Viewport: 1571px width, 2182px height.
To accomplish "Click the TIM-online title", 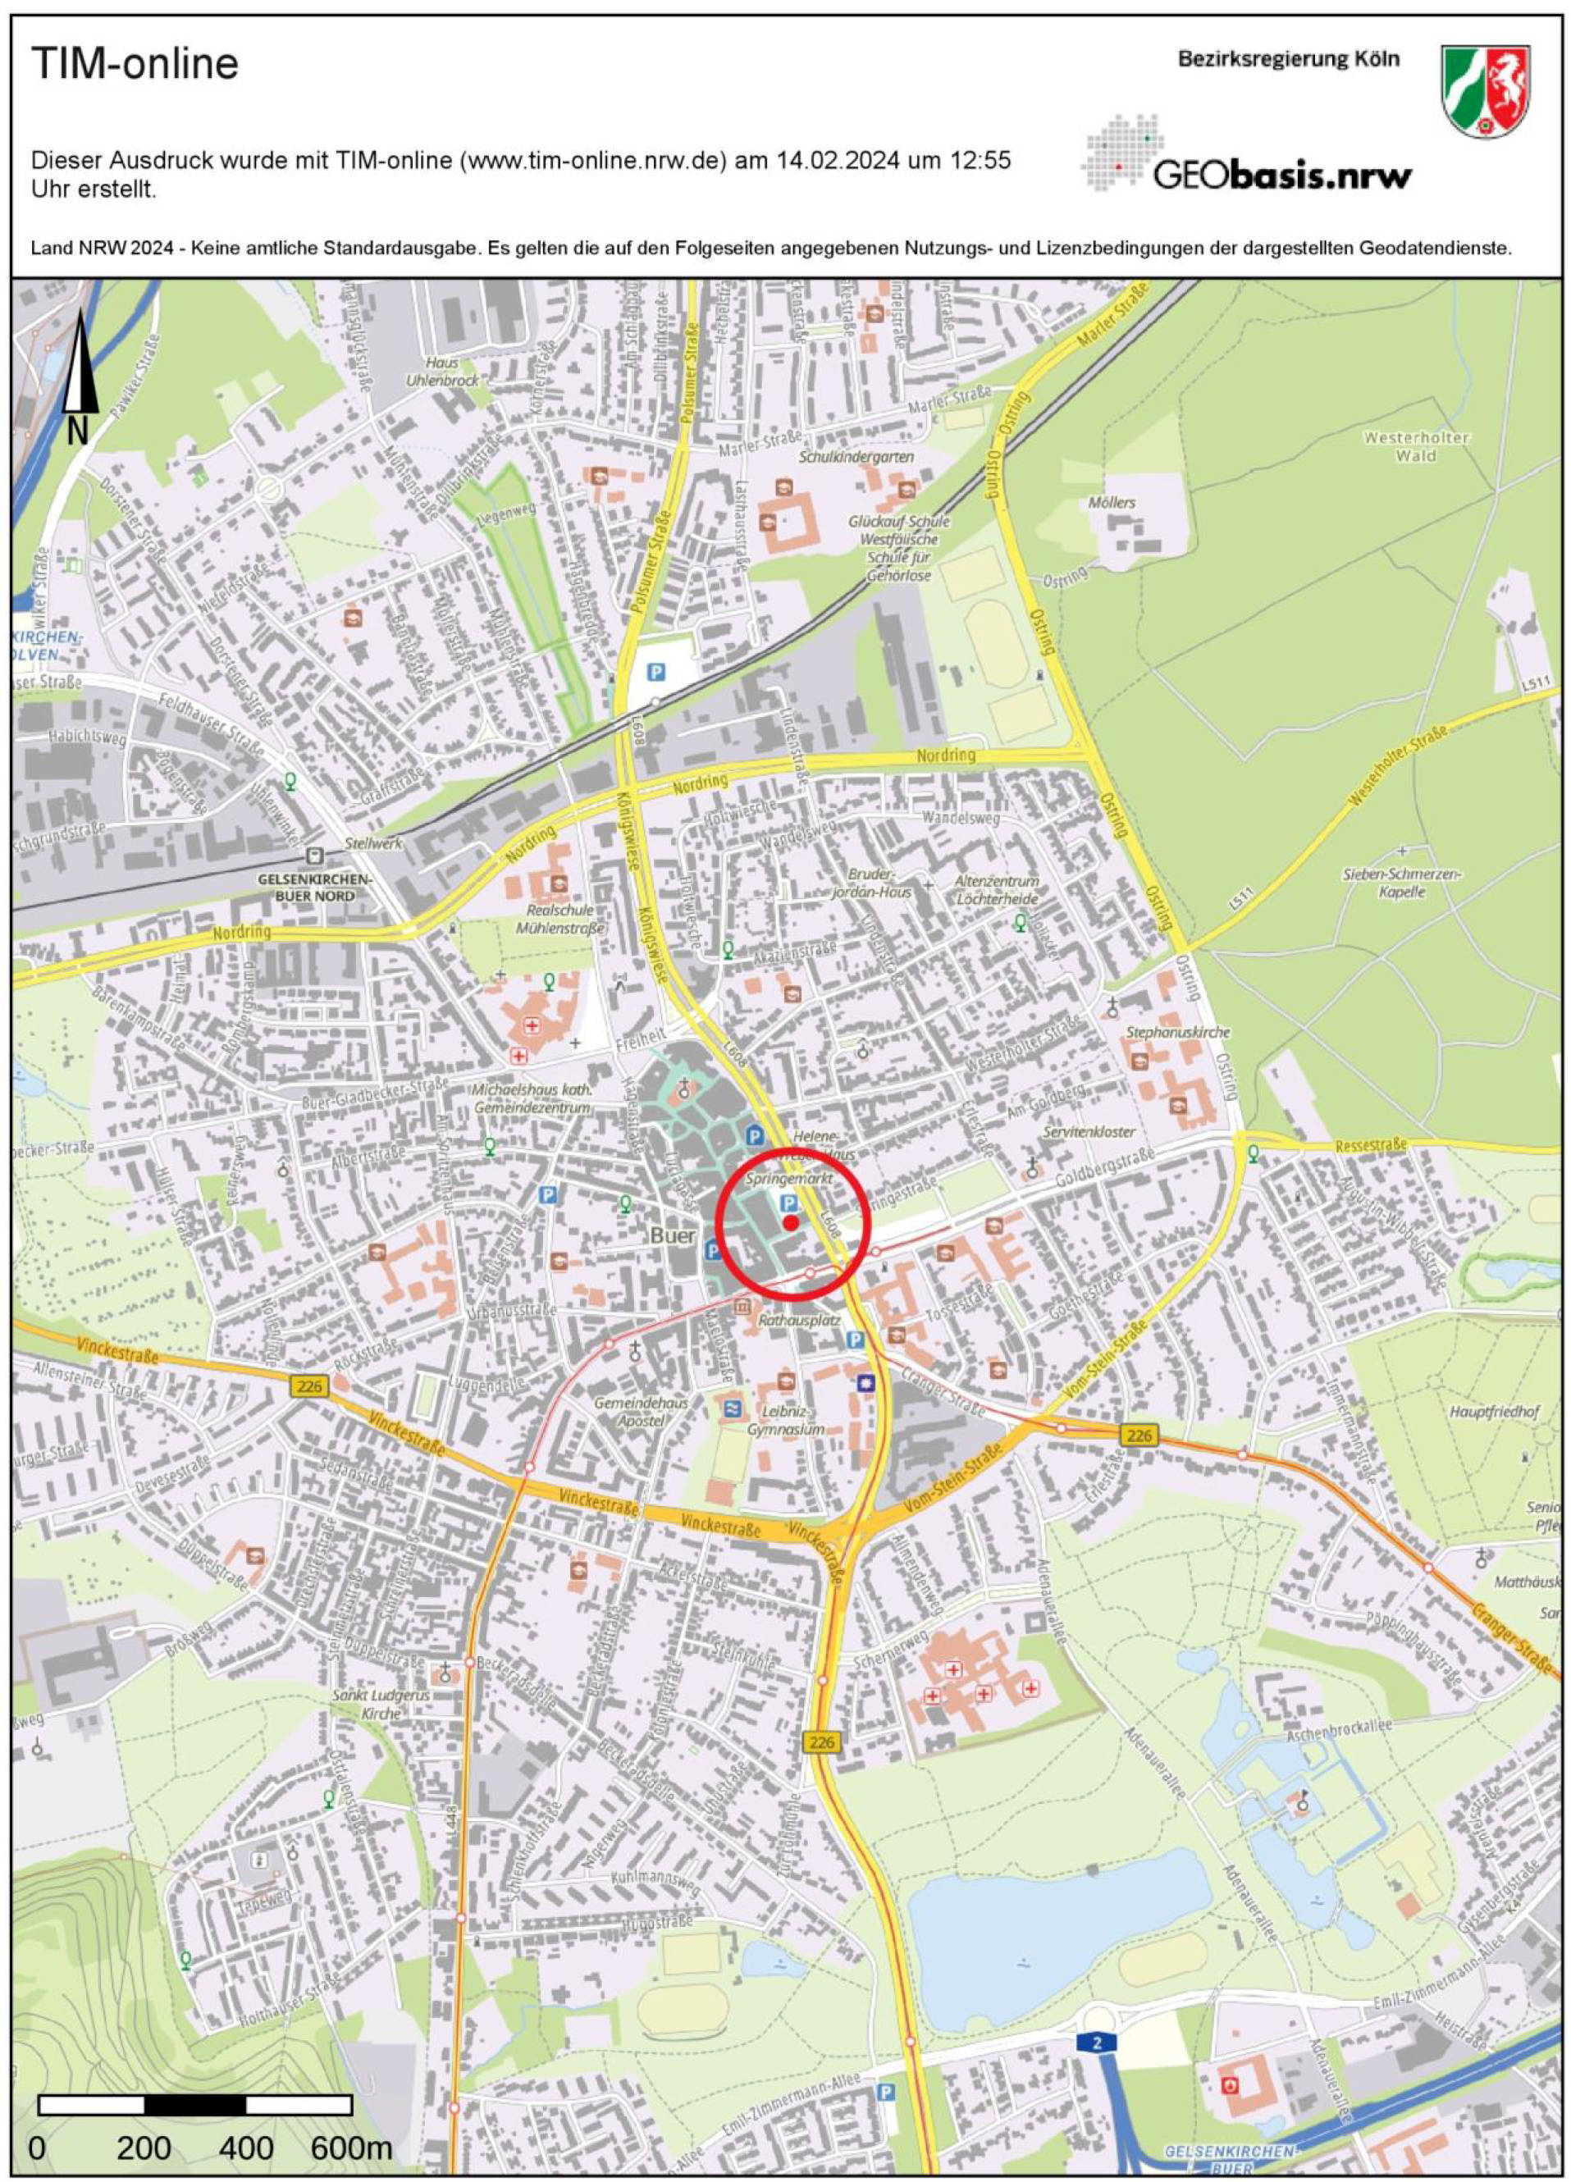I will point(135,66).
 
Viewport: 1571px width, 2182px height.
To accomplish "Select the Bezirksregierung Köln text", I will point(1289,59).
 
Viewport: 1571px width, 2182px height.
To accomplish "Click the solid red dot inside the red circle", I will point(789,1223).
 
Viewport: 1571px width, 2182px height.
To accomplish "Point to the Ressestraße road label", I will point(1371,1146).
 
